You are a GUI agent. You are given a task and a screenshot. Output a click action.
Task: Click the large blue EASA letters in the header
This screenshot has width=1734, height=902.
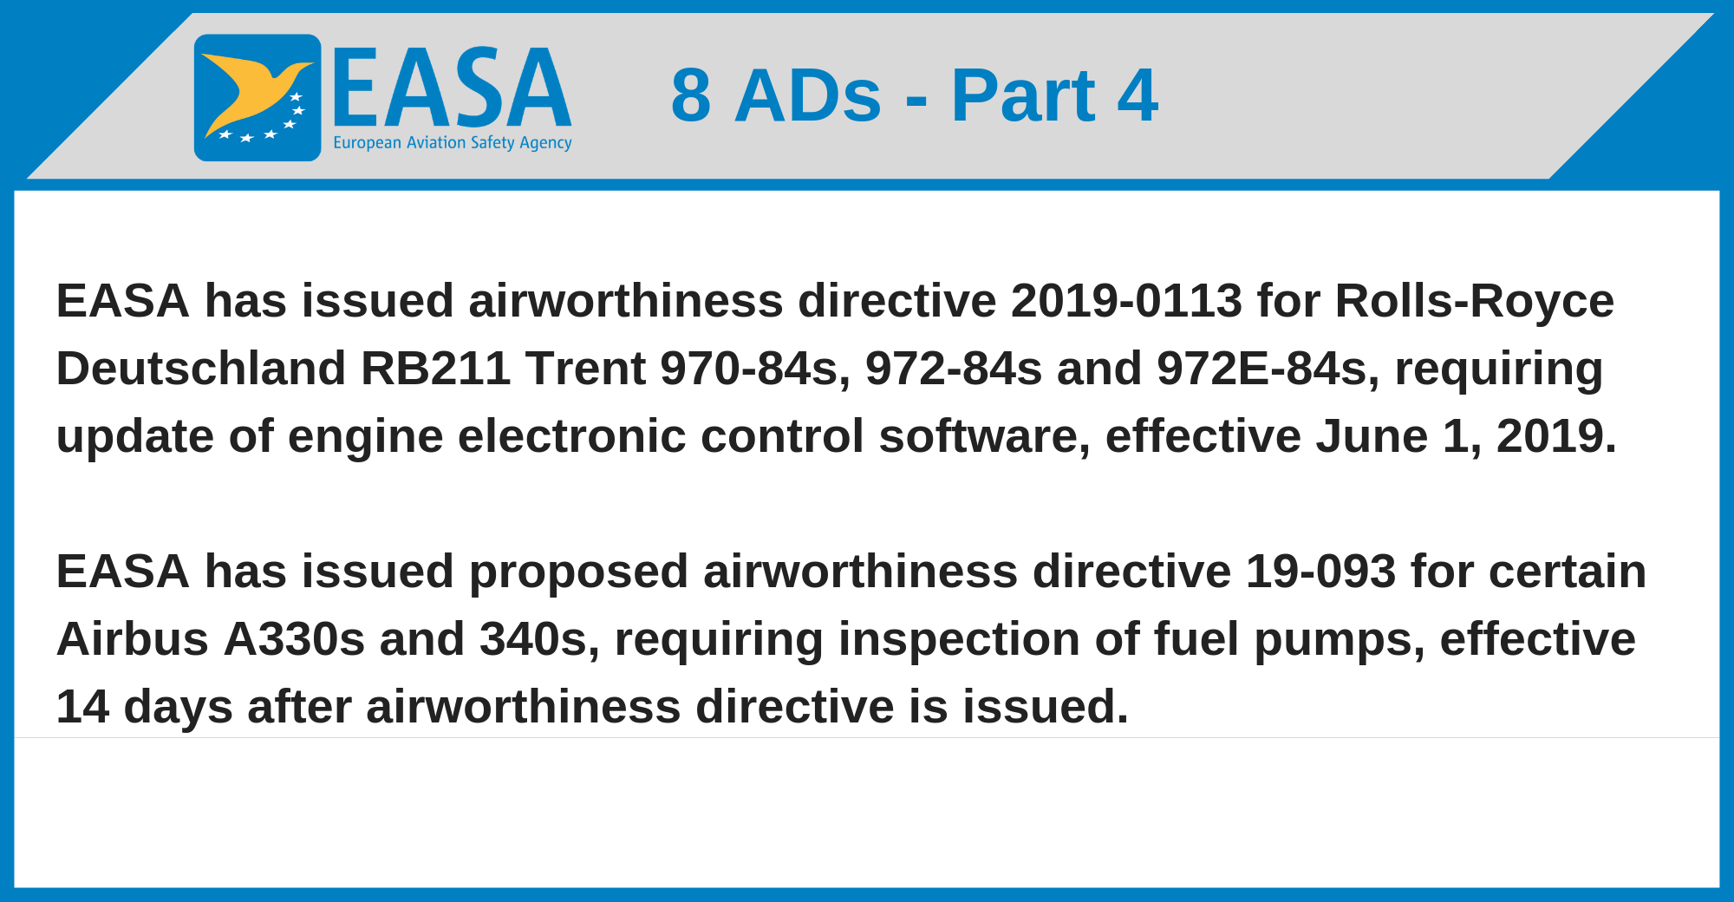[452, 88]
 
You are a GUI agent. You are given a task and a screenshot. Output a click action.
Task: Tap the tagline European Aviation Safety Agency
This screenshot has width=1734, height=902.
[453, 143]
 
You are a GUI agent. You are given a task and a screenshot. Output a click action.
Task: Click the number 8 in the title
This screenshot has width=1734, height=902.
[691, 95]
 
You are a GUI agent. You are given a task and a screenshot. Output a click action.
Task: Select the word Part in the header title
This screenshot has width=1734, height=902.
[1023, 95]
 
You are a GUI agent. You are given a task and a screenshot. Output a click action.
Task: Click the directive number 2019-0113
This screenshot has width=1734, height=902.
[1126, 301]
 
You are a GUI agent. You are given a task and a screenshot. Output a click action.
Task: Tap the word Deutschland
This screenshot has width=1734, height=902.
[201, 369]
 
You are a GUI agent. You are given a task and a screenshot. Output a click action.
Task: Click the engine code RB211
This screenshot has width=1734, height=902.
[435, 369]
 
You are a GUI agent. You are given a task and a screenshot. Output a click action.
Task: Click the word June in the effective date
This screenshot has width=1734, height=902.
[1372, 436]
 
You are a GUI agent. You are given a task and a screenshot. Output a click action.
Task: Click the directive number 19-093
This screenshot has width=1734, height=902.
[1320, 572]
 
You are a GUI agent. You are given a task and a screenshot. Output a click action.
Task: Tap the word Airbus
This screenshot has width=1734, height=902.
[133, 639]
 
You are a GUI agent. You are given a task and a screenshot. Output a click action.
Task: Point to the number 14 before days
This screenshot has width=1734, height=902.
[82, 707]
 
